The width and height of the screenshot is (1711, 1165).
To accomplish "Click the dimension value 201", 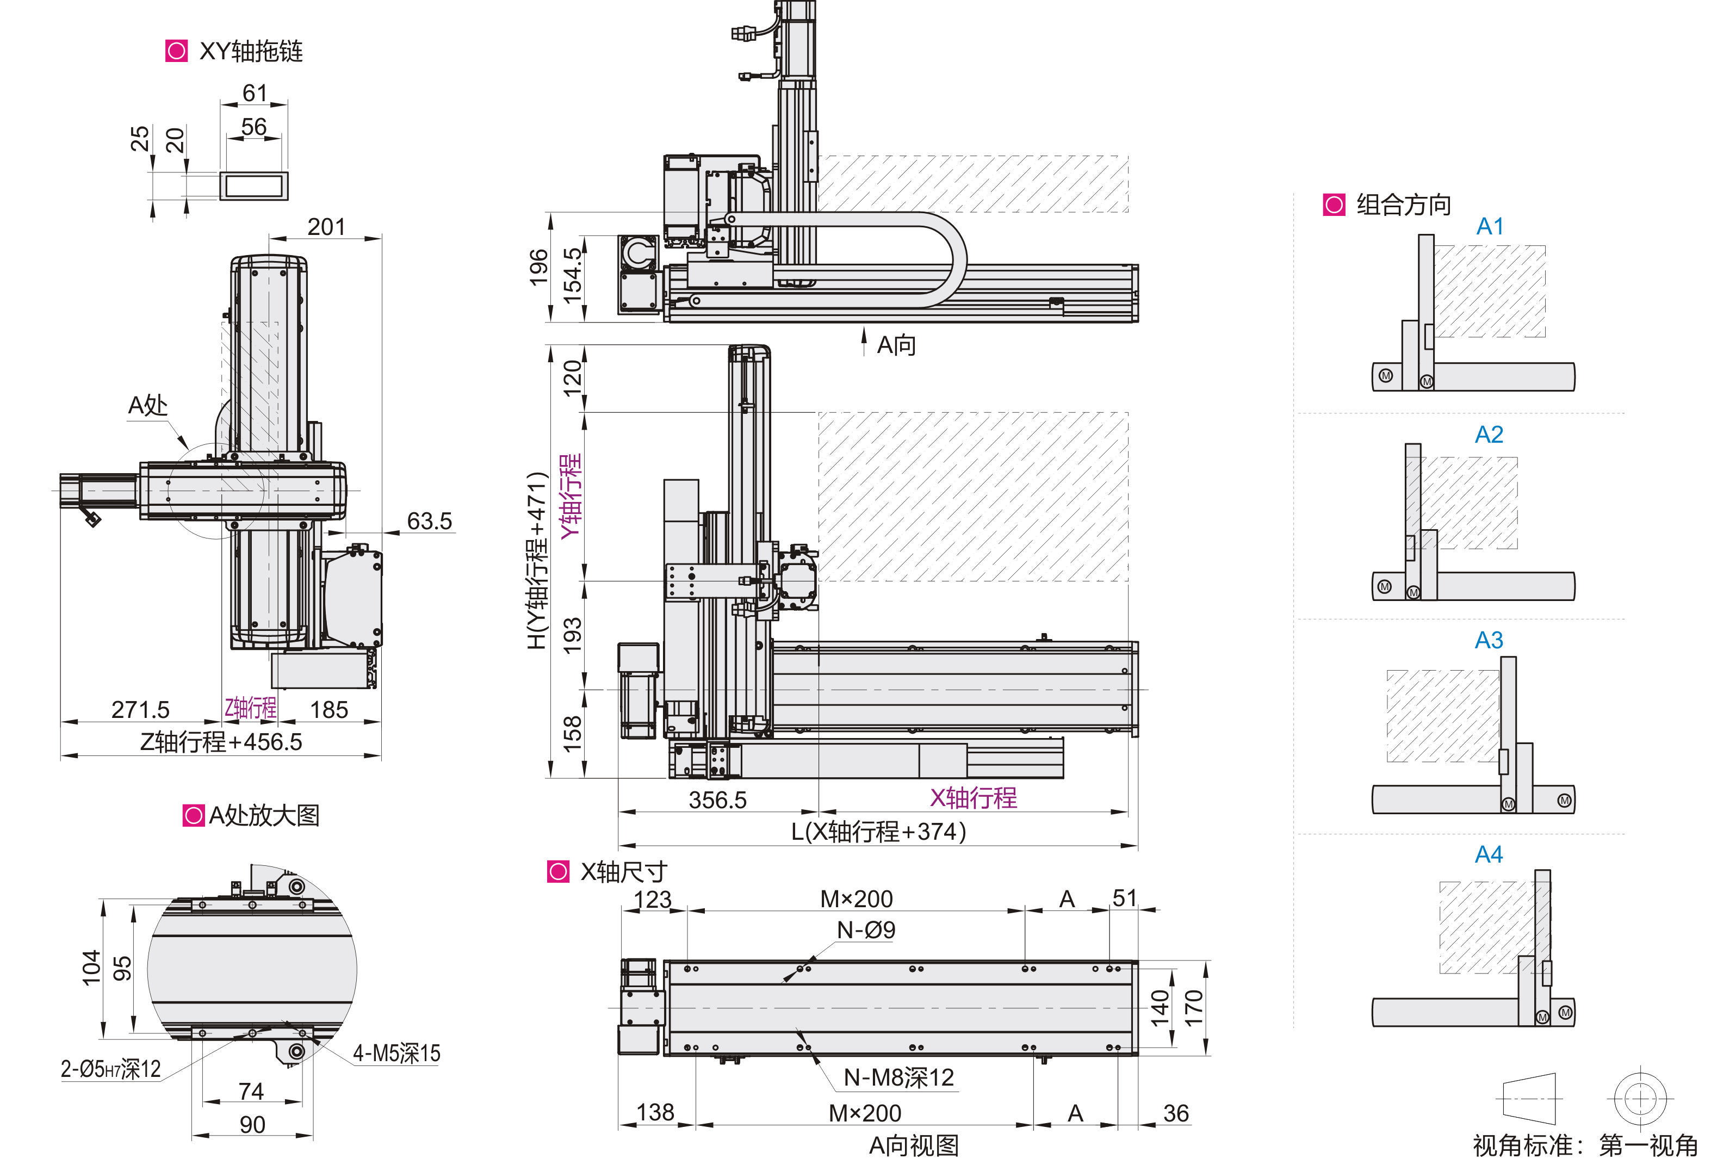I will pyautogui.click(x=326, y=227).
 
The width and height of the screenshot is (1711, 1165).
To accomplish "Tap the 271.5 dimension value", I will pyautogui.click(x=140, y=710).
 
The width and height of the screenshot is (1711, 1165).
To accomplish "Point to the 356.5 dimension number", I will pyautogui.click(x=717, y=800).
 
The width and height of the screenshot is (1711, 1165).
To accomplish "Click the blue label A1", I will pyautogui.click(x=1490, y=227).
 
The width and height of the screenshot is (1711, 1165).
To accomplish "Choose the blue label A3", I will pyautogui.click(x=1489, y=641).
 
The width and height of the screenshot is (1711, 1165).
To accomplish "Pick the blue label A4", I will pyautogui.click(x=1489, y=854).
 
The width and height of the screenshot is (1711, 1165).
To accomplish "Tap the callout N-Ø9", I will pyautogui.click(x=866, y=931).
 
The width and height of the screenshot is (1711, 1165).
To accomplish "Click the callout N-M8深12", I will pyautogui.click(x=898, y=1078).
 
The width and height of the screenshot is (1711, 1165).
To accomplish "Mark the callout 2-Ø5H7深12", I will pyautogui.click(x=110, y=1069).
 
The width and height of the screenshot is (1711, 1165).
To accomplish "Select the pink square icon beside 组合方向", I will pyautogui.click(x=1334, y=205).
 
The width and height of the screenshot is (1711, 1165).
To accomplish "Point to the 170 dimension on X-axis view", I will pyautogui.click(x=1193, y=1007).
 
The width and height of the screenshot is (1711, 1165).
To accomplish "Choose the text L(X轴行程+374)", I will pyautogui.click(x=878, y=832).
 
